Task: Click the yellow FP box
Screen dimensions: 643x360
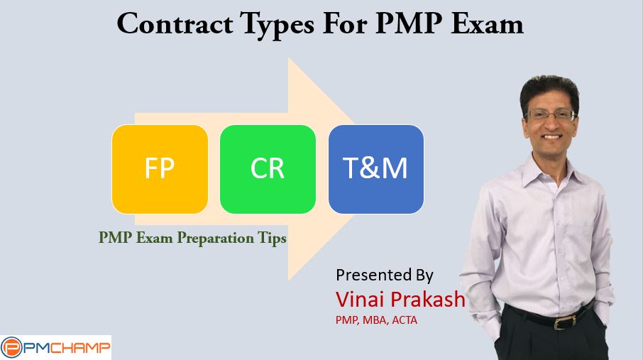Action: point(160,169)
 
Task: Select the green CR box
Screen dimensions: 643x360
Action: point(268,169)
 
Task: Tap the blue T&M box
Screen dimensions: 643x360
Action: point(376,169)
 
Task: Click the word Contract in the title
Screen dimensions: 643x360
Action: point(175,23)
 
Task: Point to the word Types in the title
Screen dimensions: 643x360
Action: point(277,26)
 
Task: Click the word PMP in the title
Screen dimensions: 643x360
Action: point(409,23)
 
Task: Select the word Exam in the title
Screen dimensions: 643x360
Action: point(487,23)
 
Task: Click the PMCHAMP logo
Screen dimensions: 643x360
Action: point(56,348)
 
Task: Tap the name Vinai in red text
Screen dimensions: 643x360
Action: point(360,299)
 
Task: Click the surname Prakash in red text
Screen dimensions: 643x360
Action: point(428,299)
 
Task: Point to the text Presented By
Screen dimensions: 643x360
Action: point(385,275)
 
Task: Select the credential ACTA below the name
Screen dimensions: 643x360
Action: point(405,320)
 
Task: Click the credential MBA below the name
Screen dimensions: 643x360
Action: point(375,320)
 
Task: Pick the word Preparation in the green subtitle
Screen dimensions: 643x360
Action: point(215,238)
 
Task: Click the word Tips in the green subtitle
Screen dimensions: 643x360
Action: point(272,238)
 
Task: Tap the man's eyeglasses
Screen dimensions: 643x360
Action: point(551,115)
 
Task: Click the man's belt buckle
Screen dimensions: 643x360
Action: point(561,322)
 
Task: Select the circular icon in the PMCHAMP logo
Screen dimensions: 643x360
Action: point(11,348)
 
